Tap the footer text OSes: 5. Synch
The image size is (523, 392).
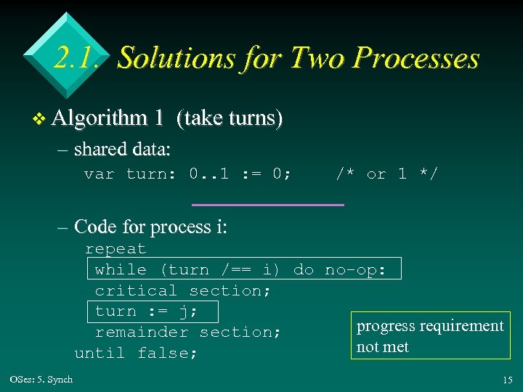click(42, 380)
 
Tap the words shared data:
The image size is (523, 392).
click(122, 150)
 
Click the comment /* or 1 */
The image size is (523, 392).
click(386, 174)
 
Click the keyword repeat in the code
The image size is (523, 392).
click(115, 248)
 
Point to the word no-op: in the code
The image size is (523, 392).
click(361, 269)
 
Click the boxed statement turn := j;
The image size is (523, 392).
click(156, 311)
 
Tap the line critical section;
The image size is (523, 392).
click(183, 290)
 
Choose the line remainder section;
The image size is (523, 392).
click(188, 332)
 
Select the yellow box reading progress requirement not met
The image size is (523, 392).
click(429, 336)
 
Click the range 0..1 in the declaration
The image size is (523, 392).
click(209, 174)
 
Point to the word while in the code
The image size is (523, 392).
click(121, 269)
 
